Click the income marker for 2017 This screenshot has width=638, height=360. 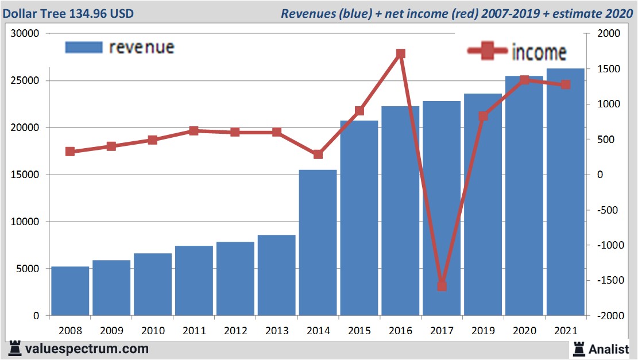click(x=442, y=286)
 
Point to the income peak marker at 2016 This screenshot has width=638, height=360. click(x=401, y=54)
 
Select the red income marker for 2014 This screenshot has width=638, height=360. click(x=318, y=154)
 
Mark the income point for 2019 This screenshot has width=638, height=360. click(x=483, y=116)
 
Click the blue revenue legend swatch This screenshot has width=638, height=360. click(x=83, y=47)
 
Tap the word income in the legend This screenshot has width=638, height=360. click(x=539, y=52)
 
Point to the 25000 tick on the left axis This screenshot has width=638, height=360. click(x=25, y=81)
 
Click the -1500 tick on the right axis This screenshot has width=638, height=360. click(x=607, y=280)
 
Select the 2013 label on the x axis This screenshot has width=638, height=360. click(x=277, y=331)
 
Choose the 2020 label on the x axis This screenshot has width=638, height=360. click(x=524, y=331)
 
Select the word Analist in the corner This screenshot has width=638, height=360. click(x=609, y=349)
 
